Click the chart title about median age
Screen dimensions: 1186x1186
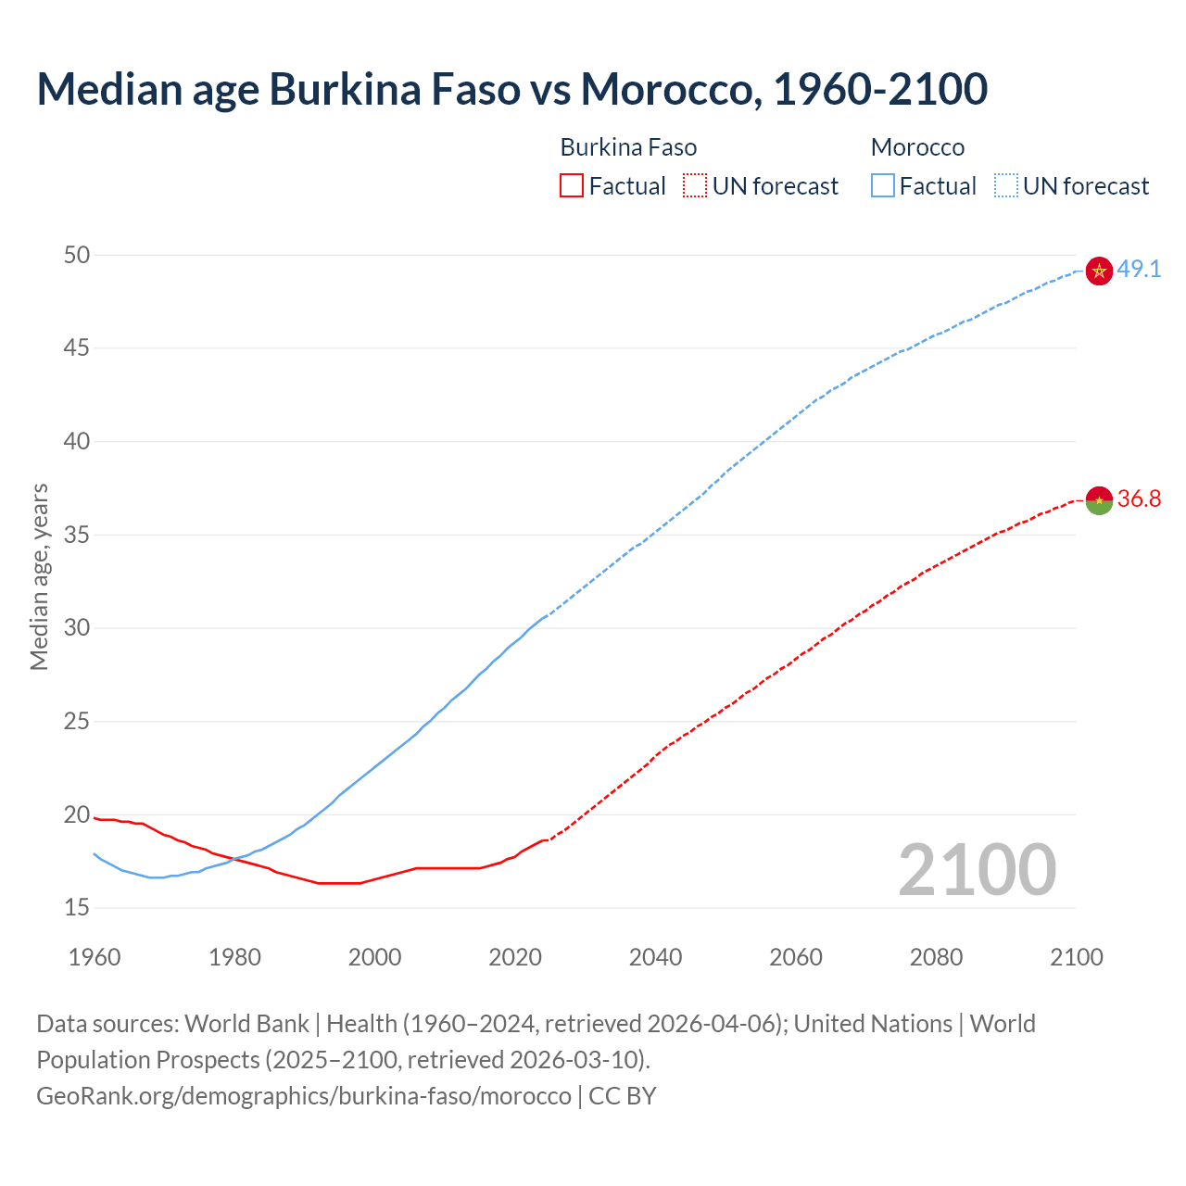(x=511, y=89)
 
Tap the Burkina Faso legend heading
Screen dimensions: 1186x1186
(x=628, y=147)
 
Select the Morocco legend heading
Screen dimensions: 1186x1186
(x=917, y=147)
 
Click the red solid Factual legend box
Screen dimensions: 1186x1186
(x=572, y=186)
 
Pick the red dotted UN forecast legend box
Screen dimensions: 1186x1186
(x=695, y=186)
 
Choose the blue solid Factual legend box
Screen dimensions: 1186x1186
(x=883, y=186)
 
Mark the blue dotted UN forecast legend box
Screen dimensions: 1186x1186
(x=1005, y=186)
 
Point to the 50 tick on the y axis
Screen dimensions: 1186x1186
(x=77, y=255)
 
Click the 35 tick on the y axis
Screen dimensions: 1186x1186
(x=77, y=535)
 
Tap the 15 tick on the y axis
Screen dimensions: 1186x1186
(x=77, y=908)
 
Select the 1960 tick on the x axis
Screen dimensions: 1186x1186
(x=95, y=957)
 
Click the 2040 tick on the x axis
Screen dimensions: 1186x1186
(x=655, y=957)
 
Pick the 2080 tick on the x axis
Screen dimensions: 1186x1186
(x=936, y=957)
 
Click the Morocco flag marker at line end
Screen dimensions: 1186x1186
(x=1099, y=271)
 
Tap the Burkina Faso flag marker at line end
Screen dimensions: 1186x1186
(x=1099, y=500)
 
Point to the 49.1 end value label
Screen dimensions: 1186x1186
(x=1139, y=270)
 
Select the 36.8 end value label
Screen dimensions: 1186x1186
(x=1139, y=499)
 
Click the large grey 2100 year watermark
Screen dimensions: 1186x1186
(x=977, y=869)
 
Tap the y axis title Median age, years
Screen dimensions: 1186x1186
(x=39, y=576)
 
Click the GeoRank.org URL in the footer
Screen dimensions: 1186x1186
(x=304, y=1096)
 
